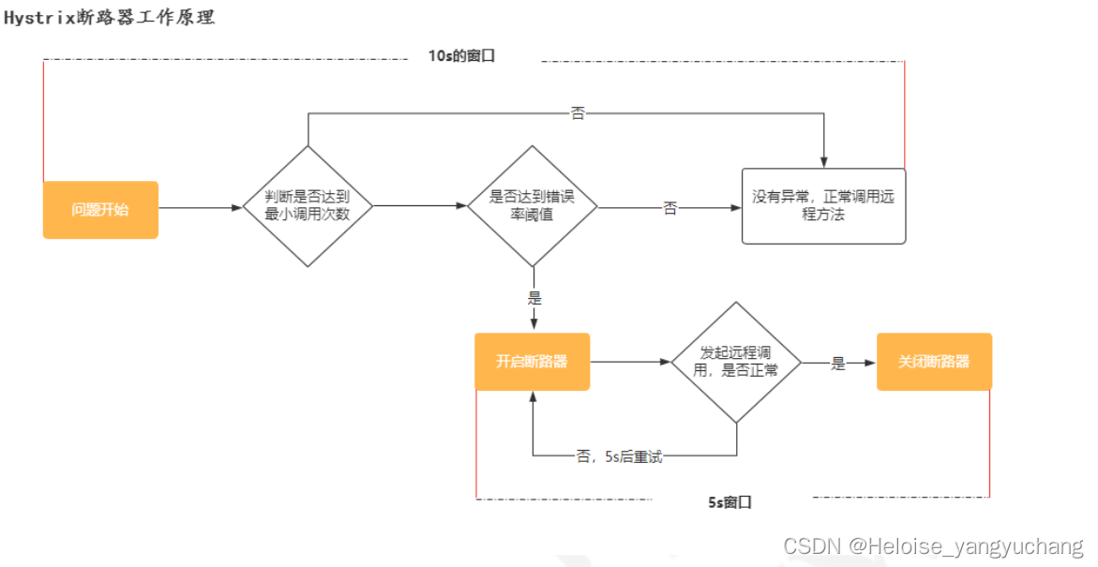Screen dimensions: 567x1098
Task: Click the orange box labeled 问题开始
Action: pyautogui.click(x=100, y=210)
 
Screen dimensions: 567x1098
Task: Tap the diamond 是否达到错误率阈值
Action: pyautogui.click(x=533, y=206)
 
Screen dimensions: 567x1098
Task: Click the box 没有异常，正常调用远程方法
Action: pyautogui.click(x=823, y=206)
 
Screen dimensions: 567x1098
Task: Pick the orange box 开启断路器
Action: pyautogui.click(x=532, y=362)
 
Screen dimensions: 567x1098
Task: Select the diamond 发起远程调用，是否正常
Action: pyautogui.click(x=736, y=362)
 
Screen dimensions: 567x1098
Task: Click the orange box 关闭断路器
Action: pyautogui.click(x=934, y=362)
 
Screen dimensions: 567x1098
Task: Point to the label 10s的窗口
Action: pyautogui.click(x=461, y=56)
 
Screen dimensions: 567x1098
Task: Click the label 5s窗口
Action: pyautogui.click(x=729, y=502)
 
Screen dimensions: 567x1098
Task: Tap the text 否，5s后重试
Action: pyautogui.click(x=620, y=458)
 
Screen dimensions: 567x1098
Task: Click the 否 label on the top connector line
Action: pyautogui.click(x=578, y=113)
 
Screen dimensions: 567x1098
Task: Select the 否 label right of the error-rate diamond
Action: pyautogui.click(x=670, y=209)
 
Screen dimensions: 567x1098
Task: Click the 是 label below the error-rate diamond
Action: pyautogui.click(x=534, y=299)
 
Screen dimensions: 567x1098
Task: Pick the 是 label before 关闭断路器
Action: pyautogui.click(x=838, y=364)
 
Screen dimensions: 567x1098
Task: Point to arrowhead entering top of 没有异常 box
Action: pyautogui.click(x=823, y=162)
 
